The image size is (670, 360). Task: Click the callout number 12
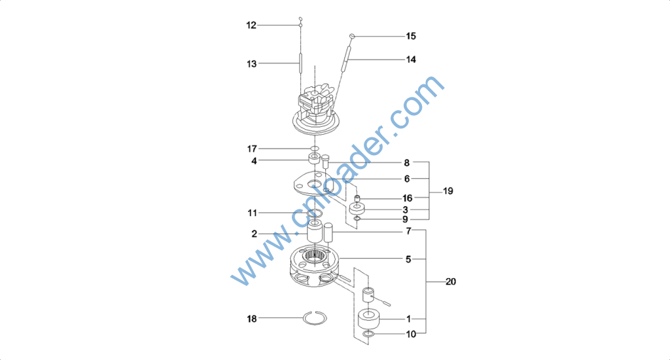coord(251,26)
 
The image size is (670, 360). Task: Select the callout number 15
coord(411,36)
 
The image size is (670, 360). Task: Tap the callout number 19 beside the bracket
coord(448,191)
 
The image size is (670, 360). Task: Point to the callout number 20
coord(451,281)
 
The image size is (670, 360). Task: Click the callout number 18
coord(252,319)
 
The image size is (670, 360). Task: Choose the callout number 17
coord(252,149)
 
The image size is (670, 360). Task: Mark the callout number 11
coord(252,213)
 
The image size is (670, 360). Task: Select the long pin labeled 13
coord(300,63)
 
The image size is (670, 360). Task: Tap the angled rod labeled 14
coord(345,59)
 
